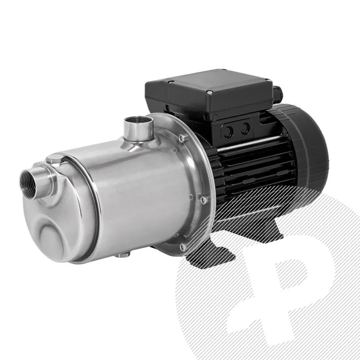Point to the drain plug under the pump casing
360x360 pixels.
tap(122, 255)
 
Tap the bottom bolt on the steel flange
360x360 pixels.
tap(182, 247)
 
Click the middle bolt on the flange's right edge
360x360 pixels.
tap(203, 199)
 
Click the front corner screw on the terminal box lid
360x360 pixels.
tap(210, 92)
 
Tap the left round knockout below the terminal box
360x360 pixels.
tap(229, 131)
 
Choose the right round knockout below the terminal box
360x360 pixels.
tap(245, 129)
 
